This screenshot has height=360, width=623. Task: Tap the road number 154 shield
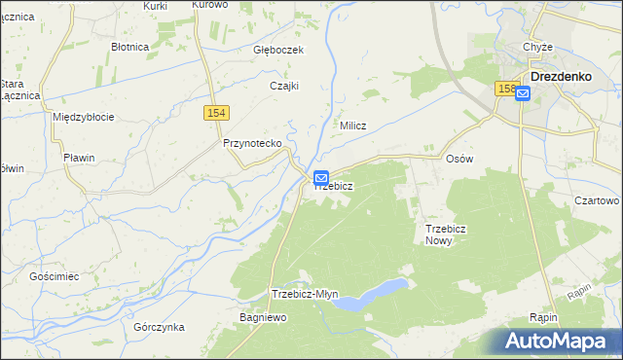click(x=217, y=114)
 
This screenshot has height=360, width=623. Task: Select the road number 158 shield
click(x=504, y=89)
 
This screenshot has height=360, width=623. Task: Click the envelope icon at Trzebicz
click(x=321, y=178)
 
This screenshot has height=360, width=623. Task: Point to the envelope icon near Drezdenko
click(x=523, y=94)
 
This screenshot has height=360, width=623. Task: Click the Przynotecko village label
click(x=252, y=143)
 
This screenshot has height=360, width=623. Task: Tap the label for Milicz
click(x=352, y=126)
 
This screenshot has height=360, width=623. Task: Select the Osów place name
click(x=458, y=159)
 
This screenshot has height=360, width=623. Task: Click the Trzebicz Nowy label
click(x=447, y=234)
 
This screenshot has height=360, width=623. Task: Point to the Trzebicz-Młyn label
click(x=305, y=295)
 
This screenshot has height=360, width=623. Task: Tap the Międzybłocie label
click(x=84, y=117)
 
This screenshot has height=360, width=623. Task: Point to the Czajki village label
click(x=283, y=86)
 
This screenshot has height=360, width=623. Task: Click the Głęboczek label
click(x=279, y=51)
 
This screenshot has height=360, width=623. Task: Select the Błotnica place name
click(x=129, y=46)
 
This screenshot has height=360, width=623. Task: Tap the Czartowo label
click(x=597, y=200)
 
